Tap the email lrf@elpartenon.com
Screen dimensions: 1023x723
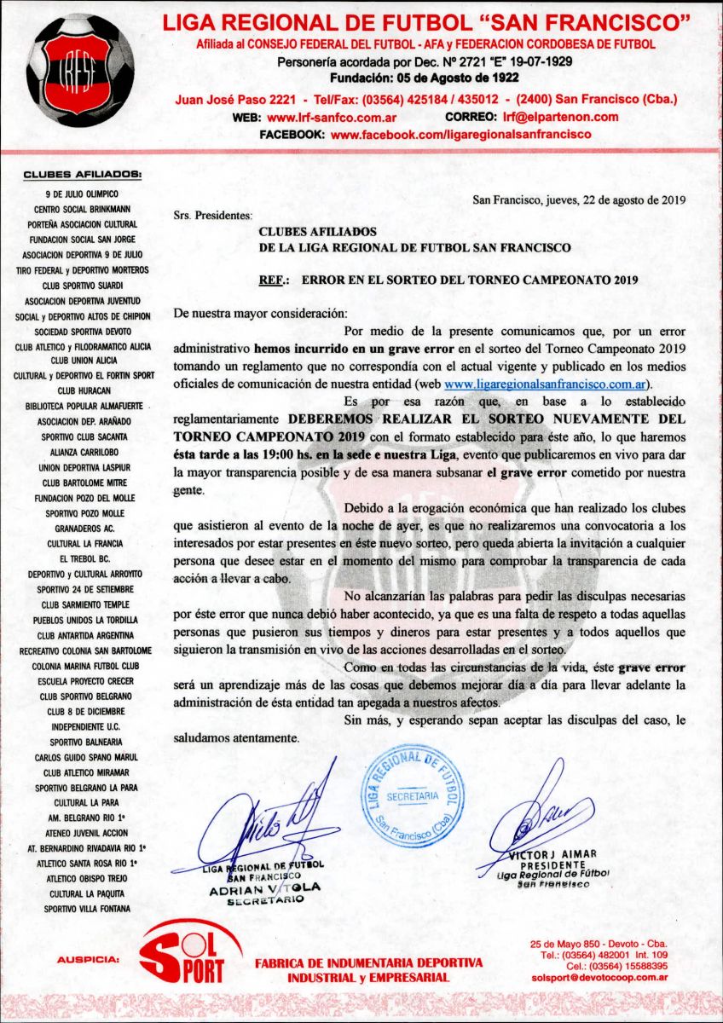[560, 117]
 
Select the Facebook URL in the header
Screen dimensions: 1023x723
[460, 135]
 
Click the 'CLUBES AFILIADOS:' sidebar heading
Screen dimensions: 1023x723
[83, 176]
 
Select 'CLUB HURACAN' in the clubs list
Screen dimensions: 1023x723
[83, 390]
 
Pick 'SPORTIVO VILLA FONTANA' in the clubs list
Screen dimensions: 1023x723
[83, 909]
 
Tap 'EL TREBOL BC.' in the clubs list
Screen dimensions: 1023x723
[83, 558]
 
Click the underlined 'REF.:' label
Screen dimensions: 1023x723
[274, 280]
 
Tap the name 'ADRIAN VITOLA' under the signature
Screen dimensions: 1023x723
[265, 887]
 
